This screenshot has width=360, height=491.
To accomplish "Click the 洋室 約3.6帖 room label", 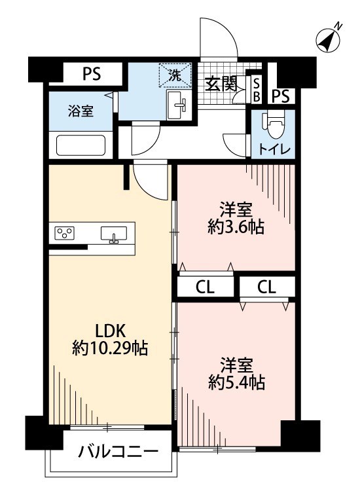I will (236, 219).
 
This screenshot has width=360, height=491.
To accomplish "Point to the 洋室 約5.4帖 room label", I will (236, 374).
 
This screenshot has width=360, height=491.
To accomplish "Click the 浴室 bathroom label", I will (81, 111).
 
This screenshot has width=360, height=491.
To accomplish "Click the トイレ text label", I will (273, 148).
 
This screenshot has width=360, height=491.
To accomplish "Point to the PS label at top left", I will (92, 73).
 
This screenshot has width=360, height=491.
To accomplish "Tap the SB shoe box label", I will (257, 90).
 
